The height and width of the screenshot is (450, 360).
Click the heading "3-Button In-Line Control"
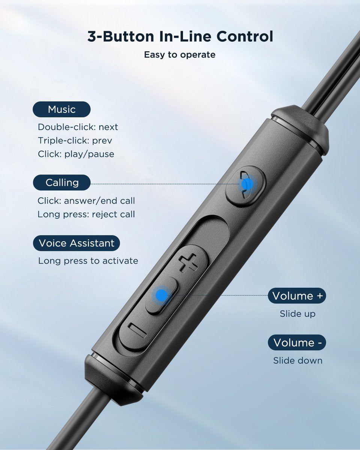click(x=180, y=37)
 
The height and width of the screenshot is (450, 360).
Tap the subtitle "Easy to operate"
click(x=180, y=55)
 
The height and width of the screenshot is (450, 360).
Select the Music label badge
click(x=62, y=109)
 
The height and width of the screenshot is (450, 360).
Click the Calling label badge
click(x=62, y=183)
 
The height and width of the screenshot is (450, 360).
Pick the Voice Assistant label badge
click(x=76, y=243)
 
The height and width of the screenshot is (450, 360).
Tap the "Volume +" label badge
click(x=297, y=296)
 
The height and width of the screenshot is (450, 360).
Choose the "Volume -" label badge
click(x=297, y=343)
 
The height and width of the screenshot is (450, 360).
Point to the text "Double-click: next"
click(x=78, y=127)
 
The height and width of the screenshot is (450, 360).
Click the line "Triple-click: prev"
click(x=75, y=141)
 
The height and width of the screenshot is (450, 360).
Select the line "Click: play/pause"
click(x=76, y=154)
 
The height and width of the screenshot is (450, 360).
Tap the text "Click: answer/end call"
click(x=86, y=201)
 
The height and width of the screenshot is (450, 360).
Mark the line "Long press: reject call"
click(x=86, y=214)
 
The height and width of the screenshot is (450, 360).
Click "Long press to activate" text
click(x=88, y=261)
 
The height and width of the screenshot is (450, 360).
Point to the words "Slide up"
click(x=297, y=314)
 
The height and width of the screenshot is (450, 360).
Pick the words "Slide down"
click(x=297, y=361)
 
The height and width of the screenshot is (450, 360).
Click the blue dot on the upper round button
click(x=247, y=184)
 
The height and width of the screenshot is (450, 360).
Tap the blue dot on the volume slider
click(x=162, y=295)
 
